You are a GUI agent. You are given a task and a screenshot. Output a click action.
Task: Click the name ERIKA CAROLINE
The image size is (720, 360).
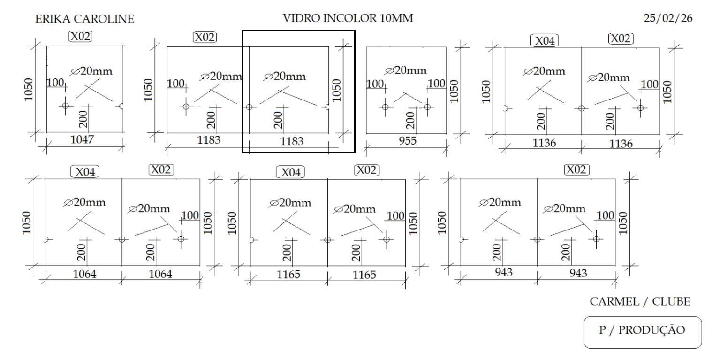click(84, 19)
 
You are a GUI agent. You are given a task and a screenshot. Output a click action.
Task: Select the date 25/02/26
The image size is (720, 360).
click(668, 19)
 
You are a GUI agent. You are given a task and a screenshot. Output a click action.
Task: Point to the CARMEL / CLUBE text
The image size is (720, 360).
click(640, 301)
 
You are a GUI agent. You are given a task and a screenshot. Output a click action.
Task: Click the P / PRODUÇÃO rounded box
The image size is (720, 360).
click(642, 330)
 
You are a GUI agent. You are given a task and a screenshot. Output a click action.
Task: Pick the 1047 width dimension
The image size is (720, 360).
click(83, 139)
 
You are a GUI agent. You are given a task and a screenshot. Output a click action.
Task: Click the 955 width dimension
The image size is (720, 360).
click(407, 140)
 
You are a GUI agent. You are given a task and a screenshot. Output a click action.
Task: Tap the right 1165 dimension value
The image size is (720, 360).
click(364, 275)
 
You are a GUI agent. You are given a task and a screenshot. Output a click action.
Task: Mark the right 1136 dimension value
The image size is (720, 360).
click(621, 144)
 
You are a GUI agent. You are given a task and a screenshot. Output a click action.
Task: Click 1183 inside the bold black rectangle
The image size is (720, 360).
click(292, 141)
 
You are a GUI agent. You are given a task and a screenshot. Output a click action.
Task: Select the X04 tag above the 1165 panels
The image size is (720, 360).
click(290, 172)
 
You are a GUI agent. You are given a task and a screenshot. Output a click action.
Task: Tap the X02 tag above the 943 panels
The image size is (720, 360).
click(576, 169)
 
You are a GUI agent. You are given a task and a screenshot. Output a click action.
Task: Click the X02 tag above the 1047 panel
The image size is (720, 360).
click(81, 36)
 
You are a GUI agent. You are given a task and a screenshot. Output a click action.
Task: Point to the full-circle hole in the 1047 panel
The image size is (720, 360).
click(65, 106)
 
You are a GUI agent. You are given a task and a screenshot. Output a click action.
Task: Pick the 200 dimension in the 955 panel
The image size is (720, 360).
click(410, 120)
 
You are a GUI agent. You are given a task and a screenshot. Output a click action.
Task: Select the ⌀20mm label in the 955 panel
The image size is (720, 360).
click(406, 70)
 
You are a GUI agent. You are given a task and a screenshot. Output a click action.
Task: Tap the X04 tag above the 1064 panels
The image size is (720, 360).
click(85, 172)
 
